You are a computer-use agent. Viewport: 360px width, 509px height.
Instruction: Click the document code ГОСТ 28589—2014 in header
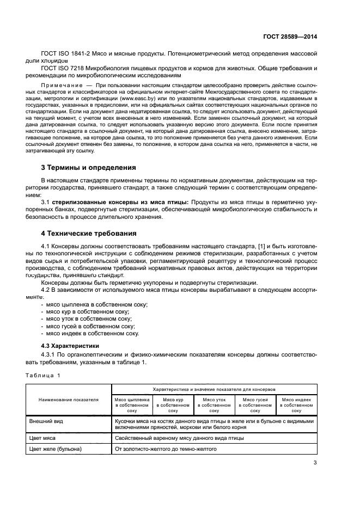289,36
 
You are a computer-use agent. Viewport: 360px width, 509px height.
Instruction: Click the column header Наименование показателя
68,399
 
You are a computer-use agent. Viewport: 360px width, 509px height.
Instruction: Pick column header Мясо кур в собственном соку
173,404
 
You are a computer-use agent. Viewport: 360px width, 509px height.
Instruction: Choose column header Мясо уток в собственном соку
214,404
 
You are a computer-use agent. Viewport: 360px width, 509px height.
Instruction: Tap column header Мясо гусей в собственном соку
255,404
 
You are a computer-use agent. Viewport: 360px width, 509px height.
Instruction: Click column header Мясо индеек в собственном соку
297,404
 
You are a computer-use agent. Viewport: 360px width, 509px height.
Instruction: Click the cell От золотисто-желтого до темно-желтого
166,449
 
